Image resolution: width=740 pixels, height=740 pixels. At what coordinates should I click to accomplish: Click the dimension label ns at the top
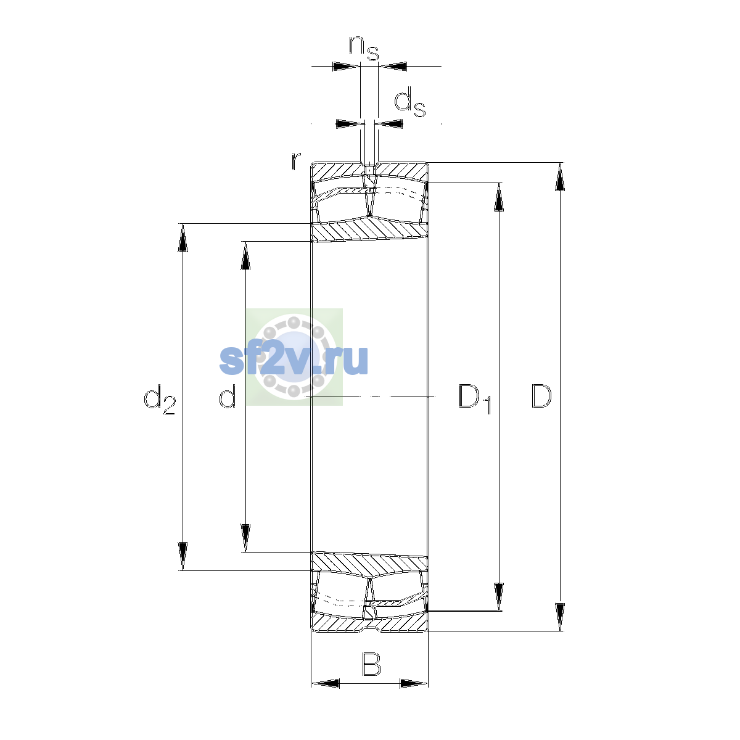click(x=364, y=48)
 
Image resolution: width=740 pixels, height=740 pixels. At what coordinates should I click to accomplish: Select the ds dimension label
click(x=409, y=102)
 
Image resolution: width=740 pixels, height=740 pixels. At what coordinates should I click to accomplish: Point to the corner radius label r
click(x=296, y=161)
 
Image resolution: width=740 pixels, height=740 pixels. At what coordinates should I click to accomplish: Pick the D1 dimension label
click(x=475, y=399)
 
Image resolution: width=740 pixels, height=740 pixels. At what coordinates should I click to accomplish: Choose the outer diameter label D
click(x=541, y=396)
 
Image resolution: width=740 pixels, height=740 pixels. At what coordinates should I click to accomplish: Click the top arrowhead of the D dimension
click(x=560, y=176)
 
